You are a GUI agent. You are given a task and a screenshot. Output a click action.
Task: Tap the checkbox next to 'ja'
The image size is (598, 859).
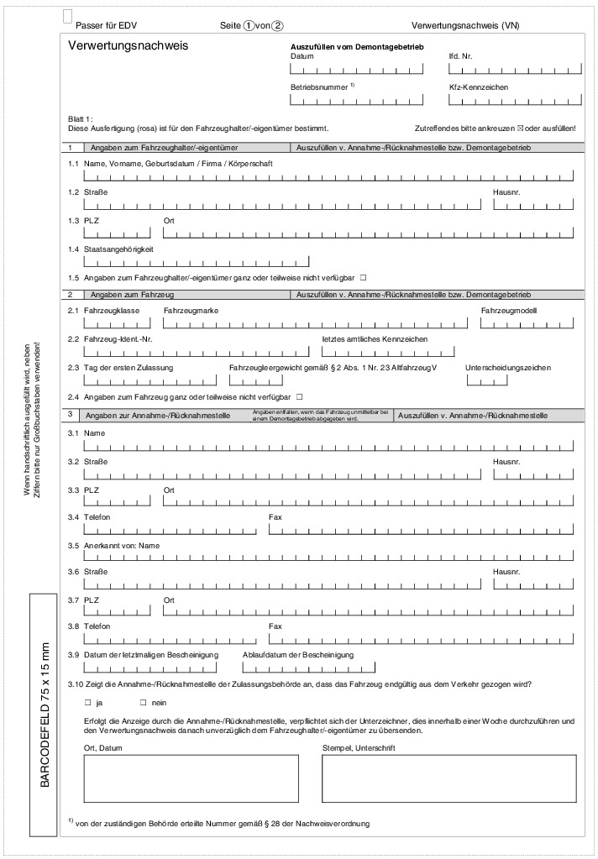[87, 702]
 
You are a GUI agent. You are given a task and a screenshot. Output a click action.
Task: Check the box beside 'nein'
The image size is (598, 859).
[143, 702]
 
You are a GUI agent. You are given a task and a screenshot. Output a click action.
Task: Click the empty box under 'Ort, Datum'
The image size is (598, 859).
[191, 778]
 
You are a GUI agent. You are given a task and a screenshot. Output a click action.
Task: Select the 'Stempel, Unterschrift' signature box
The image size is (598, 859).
[449, 778]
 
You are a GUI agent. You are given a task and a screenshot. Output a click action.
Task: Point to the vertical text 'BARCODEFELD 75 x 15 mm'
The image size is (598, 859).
[45, 715]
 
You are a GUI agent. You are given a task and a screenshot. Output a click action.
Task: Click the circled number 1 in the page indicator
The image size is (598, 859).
[249, 26]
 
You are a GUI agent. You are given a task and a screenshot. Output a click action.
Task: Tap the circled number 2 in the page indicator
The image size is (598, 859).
[278, 26]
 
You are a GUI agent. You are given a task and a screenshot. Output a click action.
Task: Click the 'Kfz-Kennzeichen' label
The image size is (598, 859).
[479, 86]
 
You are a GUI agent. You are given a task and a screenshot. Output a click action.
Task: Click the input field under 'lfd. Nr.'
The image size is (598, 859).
[513, 71]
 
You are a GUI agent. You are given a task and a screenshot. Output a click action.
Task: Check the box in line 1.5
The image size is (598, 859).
[364, 277]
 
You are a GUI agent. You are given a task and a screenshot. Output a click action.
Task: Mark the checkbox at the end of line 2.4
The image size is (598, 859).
[299, 395]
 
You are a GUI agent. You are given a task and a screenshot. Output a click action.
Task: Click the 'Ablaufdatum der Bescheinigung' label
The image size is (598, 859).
[297, 654]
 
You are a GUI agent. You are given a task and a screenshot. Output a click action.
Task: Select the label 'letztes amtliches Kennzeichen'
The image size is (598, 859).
[375, 338]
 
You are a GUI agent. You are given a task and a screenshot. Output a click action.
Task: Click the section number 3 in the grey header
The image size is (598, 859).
[72, 415]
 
